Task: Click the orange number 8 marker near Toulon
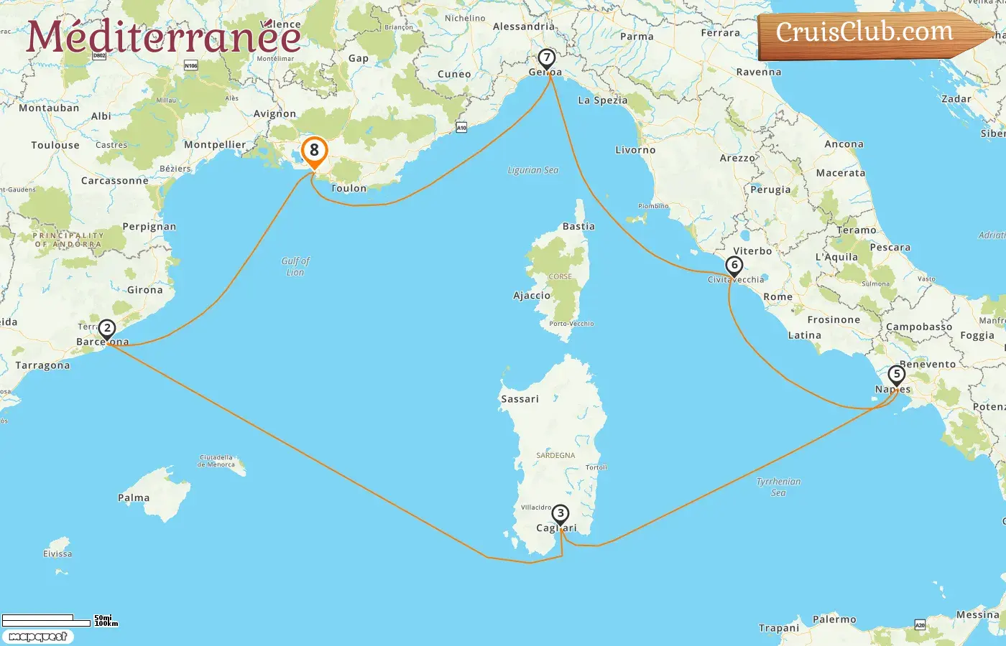click(314, 151)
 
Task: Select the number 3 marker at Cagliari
click(560, 514)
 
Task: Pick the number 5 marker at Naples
click(896, 375)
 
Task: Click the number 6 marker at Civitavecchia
click(734, 266)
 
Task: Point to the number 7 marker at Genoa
click(547, 57)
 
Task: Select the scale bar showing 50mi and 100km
click(59, 620)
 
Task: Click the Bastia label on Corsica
click(578, 226)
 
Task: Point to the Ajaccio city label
click(532, 296)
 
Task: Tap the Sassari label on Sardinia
click(520, 399)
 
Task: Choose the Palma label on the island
click(134, 497)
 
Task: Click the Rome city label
click(777, 296)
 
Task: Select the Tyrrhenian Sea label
click(778, 487)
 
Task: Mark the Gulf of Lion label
click(295, 266)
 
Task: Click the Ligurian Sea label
click(532, 170)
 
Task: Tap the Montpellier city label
click(215, 144)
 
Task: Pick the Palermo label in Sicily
click(834, 619)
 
